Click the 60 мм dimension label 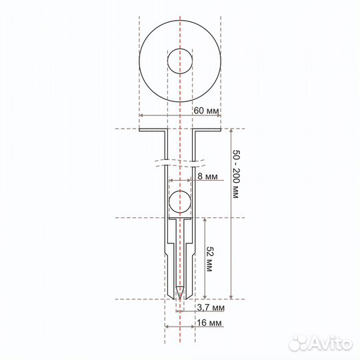pos(207,111)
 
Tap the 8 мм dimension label pos(207,177)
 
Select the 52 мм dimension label pos(209,259)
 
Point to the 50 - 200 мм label pos(236,174)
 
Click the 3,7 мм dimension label pos(211,307)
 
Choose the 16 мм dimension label pos(209,323)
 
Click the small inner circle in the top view pos(180,61)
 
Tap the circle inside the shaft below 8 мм pos(180,201)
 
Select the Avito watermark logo pos(321,343)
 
